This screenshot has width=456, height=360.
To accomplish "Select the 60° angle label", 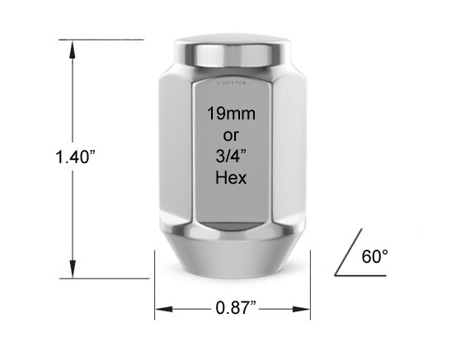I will pyautogui.click(x=374, y=256).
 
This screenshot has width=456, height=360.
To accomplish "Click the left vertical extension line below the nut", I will pyautogui.click(x=156, y=288).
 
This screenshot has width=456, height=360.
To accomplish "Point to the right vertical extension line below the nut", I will pyautogui.click(x=309, y=288).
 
